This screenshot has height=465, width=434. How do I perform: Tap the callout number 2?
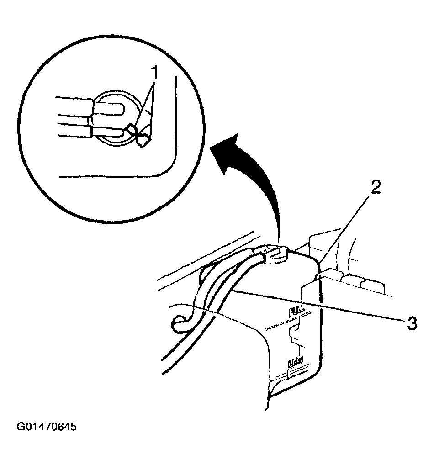375,187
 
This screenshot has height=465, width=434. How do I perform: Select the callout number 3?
412,323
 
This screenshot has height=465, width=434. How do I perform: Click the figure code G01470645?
47,427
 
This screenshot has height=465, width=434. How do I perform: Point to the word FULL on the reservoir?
296,312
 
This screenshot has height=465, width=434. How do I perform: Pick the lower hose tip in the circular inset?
108,132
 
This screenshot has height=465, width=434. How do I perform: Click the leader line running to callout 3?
319,306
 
